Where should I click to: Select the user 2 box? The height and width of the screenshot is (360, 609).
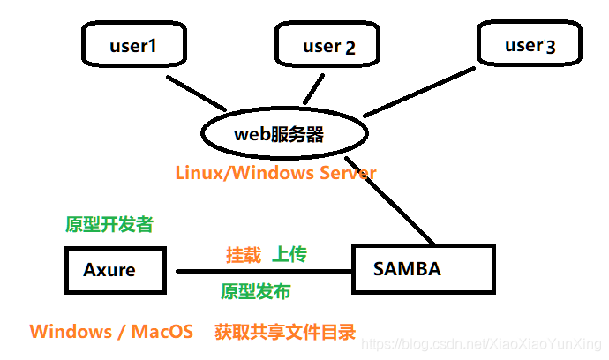pos(328,46)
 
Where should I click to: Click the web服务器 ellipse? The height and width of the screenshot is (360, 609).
pos(278,134)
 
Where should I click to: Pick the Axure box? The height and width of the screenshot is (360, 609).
pos(115,269)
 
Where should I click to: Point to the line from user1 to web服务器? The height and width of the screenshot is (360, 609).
pos(195,94)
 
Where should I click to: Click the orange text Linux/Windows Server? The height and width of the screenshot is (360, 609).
pos(275,173)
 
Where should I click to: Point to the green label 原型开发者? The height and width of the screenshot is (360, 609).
pos(109,224)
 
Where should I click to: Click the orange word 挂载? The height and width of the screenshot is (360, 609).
pos(243,255)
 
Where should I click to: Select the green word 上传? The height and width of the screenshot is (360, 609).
pos(289,255)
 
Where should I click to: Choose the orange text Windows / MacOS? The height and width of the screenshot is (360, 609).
pos(111,332)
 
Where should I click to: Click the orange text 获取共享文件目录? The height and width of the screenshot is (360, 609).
pos(284,332)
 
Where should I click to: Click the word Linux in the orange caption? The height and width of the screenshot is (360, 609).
pos(198,173)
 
